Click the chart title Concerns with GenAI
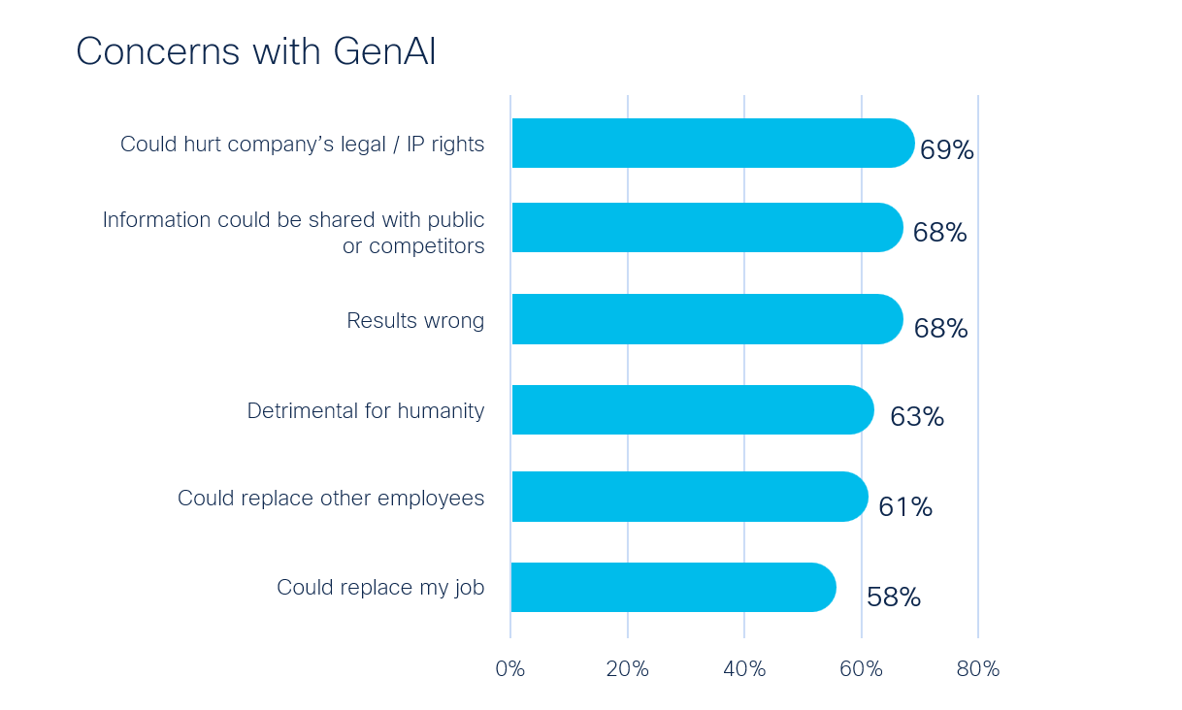[x=256, y=51]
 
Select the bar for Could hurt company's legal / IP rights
[x=713, y=143]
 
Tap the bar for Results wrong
[x=707, y=319]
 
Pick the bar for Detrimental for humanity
[x=693, y=410]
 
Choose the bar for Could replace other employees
[x=690, y=497]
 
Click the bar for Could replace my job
[x=673, y=587]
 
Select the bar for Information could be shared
[x=707, y=227]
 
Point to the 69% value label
[x=946, y=149]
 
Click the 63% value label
[x=917, y=417]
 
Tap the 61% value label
[x=905, y=507]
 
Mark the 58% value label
[x=894, y=597]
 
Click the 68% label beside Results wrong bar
[x=941, y=329]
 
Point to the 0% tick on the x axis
[x=510, y=669]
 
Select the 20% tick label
[x=628, y=669]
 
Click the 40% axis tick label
[x=744, y=669]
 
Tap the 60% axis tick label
[x=861, y=669]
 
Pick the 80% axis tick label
[x=978, y=669]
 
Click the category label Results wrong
[x=415, y=321]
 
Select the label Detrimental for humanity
[x=366, y=411]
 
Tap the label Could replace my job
[x=380, y=588]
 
